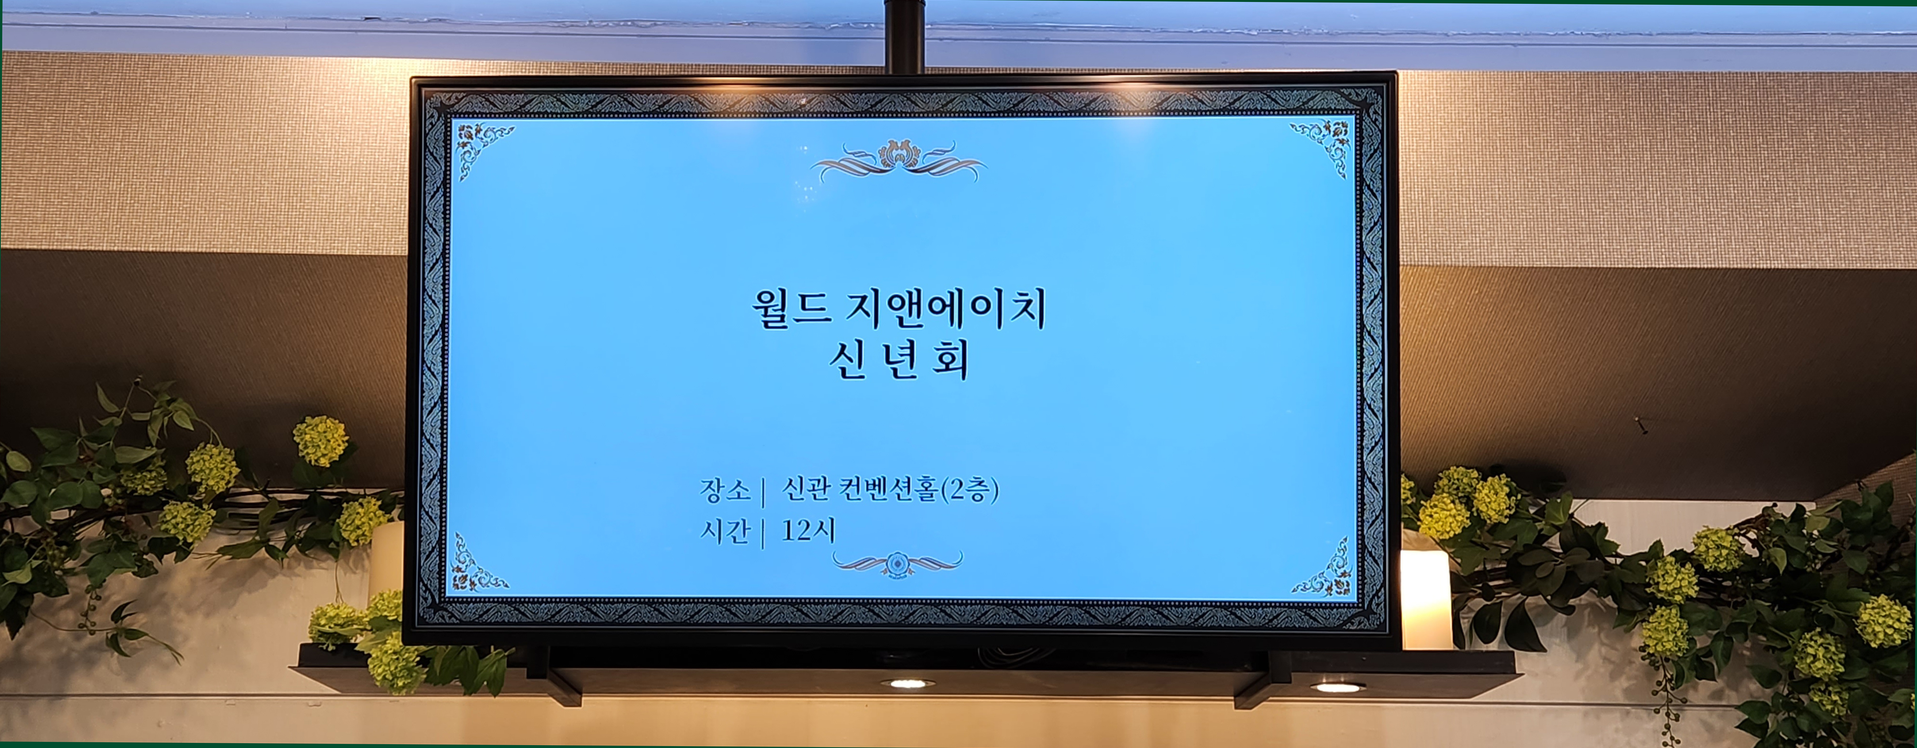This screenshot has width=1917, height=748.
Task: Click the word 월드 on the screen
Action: (790, 308)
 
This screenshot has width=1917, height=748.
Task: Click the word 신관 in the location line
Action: (805, 490)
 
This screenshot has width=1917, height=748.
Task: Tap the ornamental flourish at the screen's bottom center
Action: (898, 562)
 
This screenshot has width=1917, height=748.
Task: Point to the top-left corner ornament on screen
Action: (482, 149)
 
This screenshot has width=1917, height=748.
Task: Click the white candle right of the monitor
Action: (1426, 600)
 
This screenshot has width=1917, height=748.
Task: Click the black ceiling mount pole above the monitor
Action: (905, 36)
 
